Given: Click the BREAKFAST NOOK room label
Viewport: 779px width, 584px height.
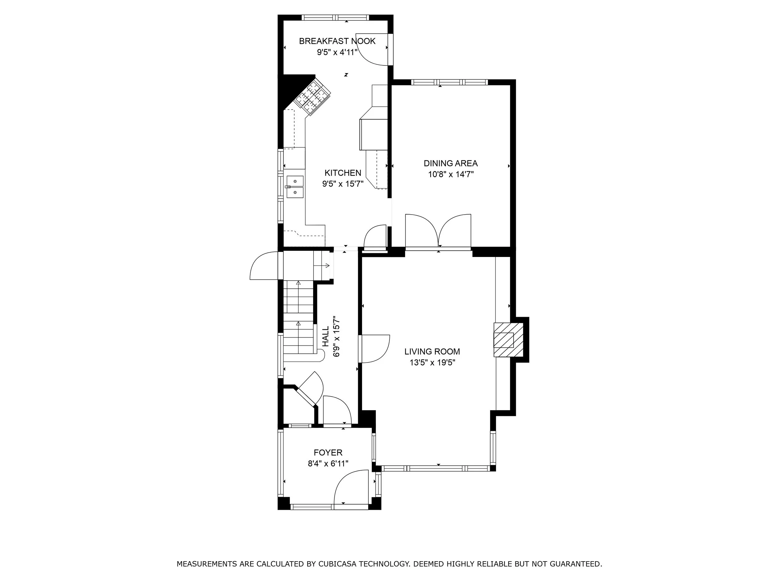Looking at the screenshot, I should [337, 41].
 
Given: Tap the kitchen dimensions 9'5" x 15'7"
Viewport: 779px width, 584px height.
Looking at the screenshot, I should [343, 184].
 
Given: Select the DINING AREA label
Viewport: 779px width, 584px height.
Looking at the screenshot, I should [451, 163].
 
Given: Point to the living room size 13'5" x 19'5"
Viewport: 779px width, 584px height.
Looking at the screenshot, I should [432, 363].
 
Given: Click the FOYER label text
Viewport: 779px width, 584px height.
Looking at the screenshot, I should [328, 453].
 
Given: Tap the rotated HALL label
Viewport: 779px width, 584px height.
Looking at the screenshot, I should [326, 336].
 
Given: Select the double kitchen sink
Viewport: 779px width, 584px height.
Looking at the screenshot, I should [294, 187].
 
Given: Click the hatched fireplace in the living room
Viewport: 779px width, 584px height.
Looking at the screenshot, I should [503, 340].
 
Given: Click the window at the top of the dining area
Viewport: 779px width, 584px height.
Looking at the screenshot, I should [449, 82].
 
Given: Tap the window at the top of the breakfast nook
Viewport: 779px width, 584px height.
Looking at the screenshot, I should [335, 17].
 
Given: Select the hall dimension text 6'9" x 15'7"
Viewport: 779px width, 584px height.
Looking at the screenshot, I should [337, 336].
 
